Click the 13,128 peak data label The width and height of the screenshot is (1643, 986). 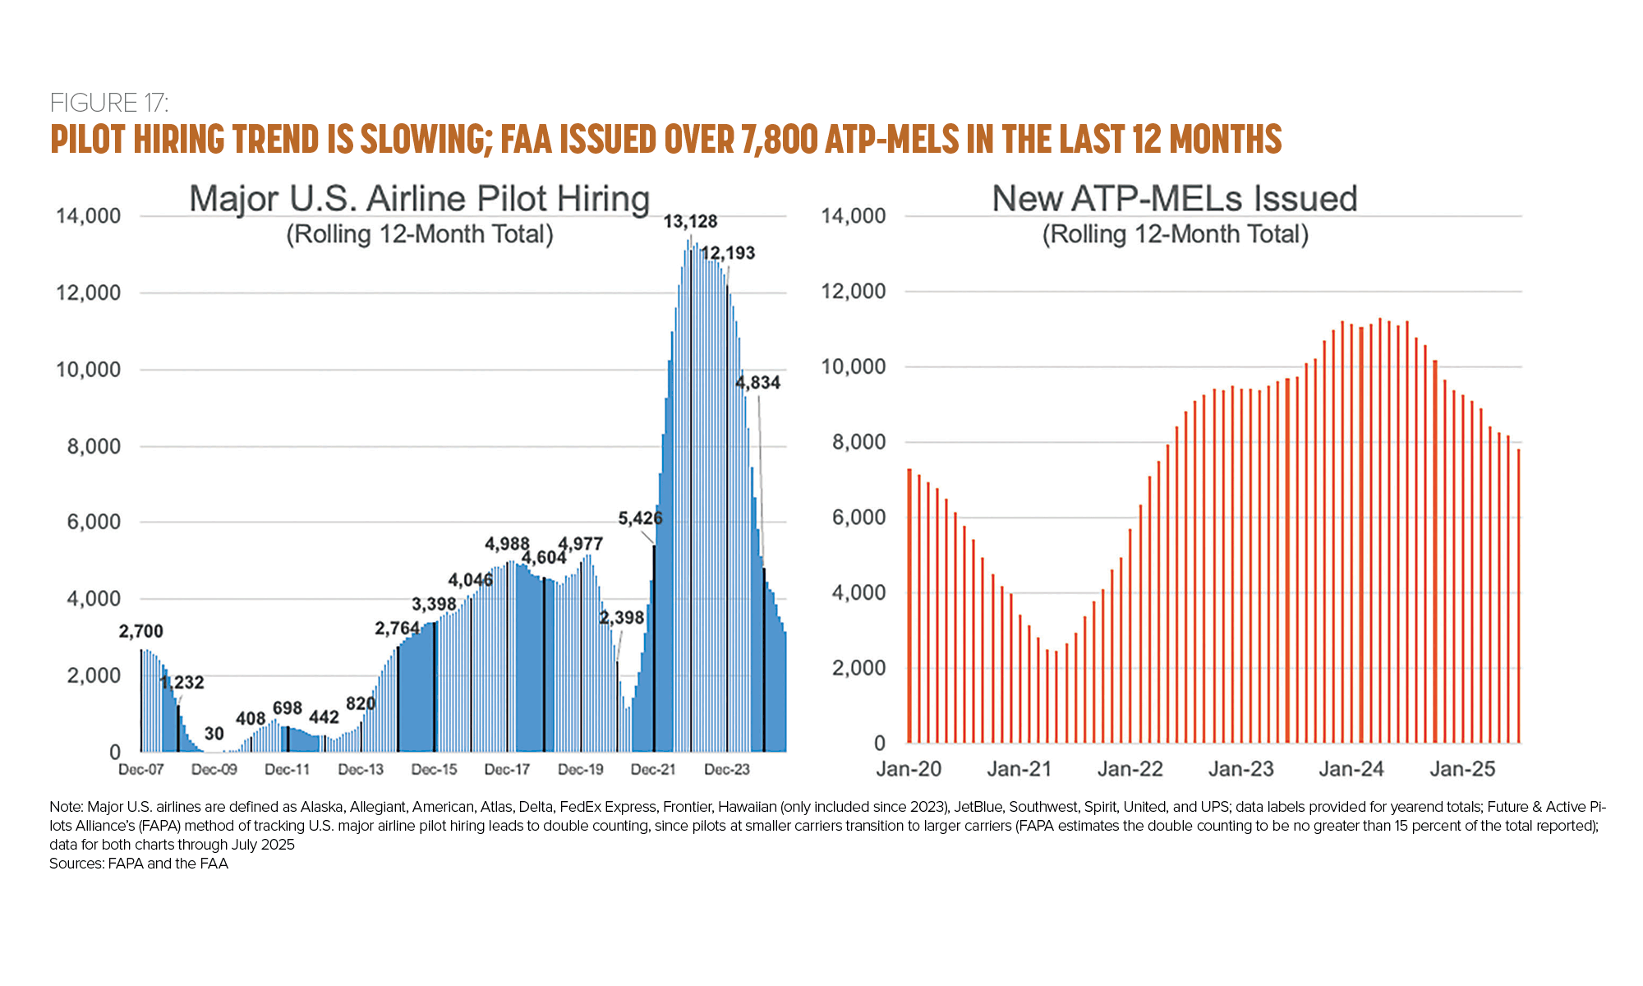coord(690,222)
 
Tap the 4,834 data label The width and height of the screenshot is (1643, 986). coord(757,383)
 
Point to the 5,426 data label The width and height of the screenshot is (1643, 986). coord(640,518)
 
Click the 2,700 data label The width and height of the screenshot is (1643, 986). coord(141,632)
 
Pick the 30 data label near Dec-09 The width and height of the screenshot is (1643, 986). coord(214,734)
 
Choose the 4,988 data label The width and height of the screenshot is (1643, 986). coord(507,544)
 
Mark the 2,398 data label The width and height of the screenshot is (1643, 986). coord(622,618)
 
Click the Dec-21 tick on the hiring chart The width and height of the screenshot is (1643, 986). coord(653,770)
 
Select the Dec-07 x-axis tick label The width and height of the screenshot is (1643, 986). coord(141,770)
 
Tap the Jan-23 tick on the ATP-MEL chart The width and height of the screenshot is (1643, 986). coord(1240,769)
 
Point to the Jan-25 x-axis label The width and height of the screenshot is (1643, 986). coord(1462,769)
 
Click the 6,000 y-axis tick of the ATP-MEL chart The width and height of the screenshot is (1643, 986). coord(859,518)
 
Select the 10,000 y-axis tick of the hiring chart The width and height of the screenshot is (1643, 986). coord(88,370)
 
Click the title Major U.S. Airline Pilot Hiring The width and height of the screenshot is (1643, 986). coord(419,199)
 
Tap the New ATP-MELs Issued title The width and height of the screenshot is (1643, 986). coord(1175,199)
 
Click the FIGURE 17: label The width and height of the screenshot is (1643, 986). coord(109,103)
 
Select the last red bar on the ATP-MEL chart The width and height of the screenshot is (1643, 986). coord(1519,596)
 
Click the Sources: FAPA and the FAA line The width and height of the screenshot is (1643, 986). coord(139,864)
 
